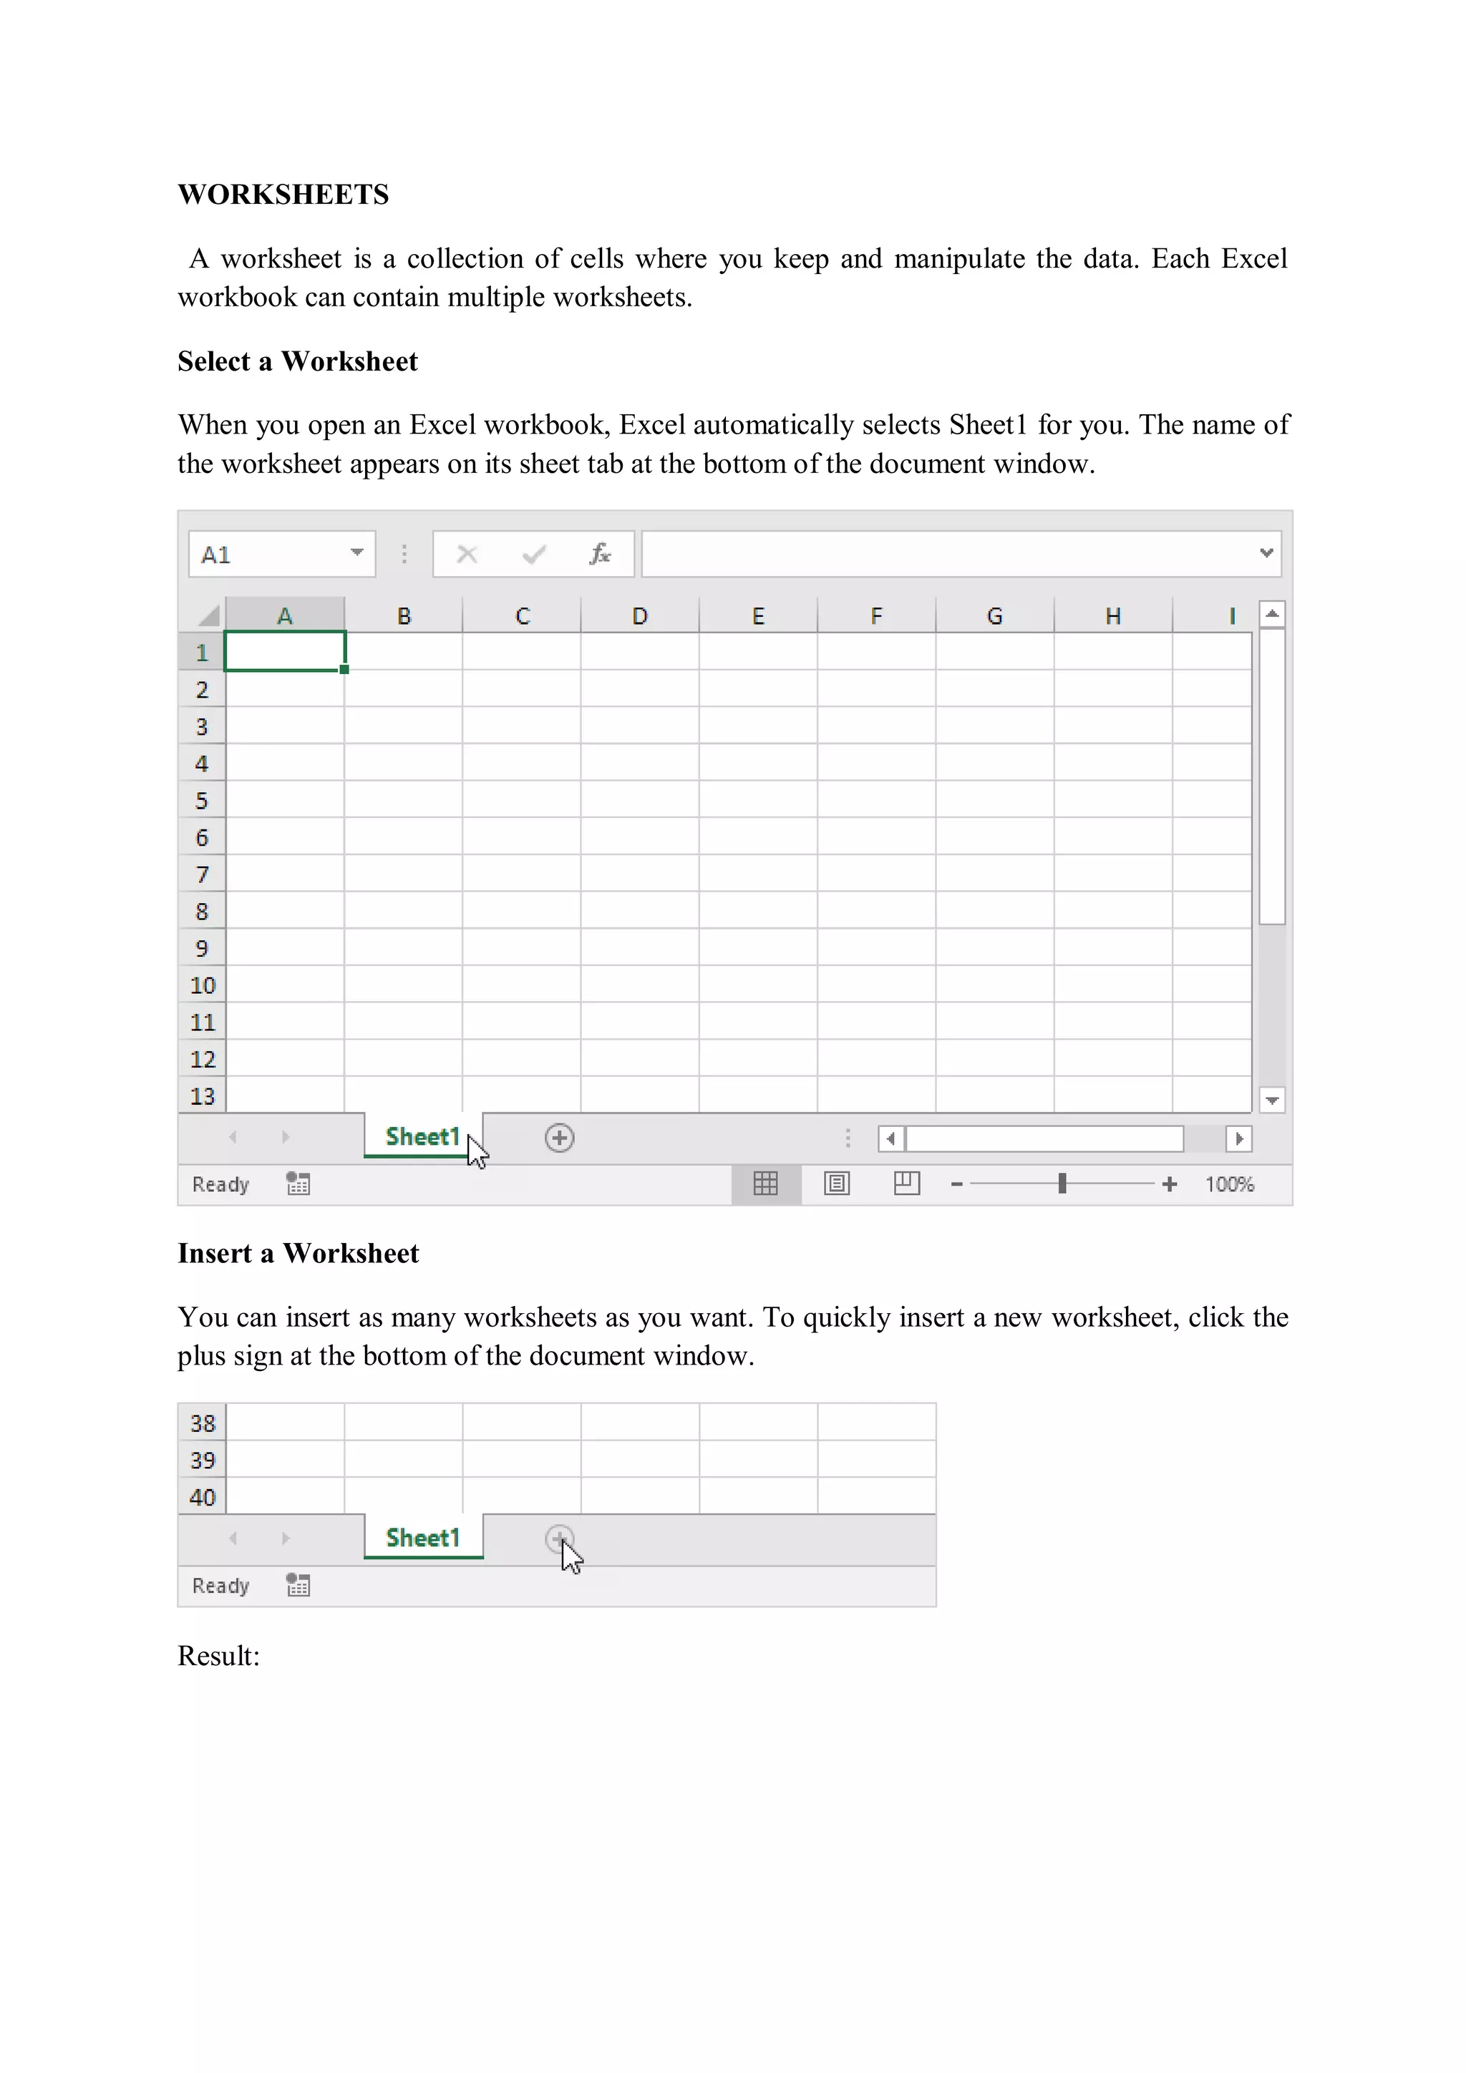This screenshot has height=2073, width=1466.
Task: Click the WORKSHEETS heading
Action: click(283, 194)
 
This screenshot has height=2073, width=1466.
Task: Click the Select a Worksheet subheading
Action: click(297, 361)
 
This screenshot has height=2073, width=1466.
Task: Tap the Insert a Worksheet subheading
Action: click(298, 1253)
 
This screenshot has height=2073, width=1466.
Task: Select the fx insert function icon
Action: click(600, 553)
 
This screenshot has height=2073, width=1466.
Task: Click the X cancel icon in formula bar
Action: click(467, 553)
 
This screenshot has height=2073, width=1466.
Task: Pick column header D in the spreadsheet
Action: click(639, 616)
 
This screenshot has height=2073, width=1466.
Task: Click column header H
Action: click(1113, 616)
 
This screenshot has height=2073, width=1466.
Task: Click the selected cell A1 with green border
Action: click(284, 652)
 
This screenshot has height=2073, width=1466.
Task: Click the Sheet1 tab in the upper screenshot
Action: click(422, 1137)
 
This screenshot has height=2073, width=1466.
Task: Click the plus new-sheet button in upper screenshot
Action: click(559, 1138)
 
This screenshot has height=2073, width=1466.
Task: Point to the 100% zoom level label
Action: click(1229, 1184)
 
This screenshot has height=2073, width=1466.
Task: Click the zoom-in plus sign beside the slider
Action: click(1170, 1184)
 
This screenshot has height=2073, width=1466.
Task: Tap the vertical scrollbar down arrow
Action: click(1272, 1100)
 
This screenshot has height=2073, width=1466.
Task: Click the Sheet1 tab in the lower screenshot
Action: click(422, 1538)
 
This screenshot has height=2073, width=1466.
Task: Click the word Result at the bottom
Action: click(217, 1656)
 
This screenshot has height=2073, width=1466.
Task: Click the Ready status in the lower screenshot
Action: click(220, 1586)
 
